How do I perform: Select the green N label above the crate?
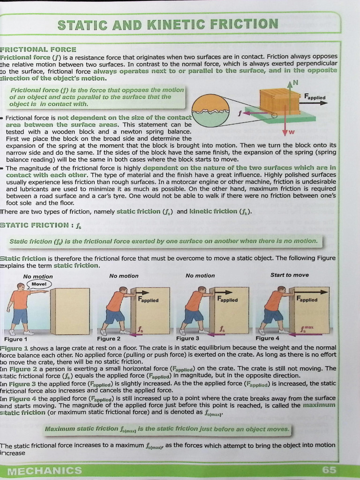[x=295, y=83]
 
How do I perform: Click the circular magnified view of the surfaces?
[x=210, y=111]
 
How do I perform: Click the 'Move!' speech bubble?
[x=39, y=284]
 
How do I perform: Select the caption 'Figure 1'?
[x=15, y=338]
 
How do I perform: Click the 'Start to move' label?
[x=289, y=275]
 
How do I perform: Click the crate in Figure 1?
[x=70, y=311]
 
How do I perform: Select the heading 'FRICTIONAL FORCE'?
[x=38, y=49]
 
